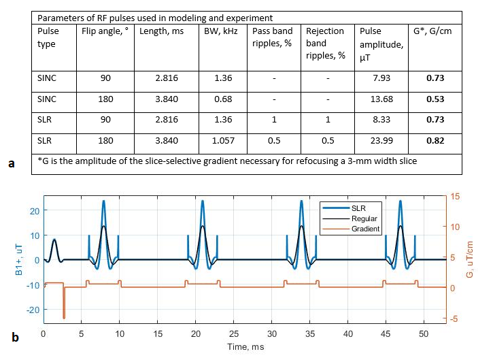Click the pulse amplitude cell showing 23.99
384,144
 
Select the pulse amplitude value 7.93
384,78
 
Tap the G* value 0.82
435,144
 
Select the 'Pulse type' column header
48,37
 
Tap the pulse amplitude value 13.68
384,100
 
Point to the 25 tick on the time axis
235,335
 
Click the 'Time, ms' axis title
245,348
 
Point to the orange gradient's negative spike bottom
64,317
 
